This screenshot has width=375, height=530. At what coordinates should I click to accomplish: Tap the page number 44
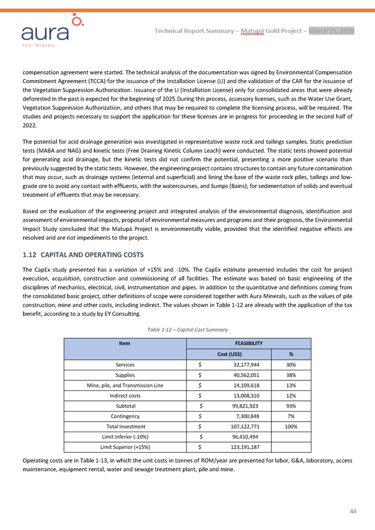point(353,511)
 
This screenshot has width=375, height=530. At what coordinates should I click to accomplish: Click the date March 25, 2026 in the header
point(332,31)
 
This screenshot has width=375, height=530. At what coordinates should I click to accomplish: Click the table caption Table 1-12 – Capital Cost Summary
point(187,329)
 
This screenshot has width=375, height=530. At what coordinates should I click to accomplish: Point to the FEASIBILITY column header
point(249,342)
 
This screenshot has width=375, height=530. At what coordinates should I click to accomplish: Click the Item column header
point(124,342)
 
